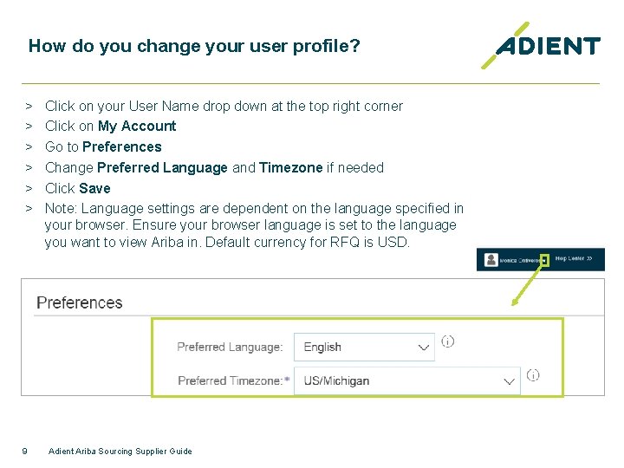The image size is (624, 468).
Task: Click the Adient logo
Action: coord(542,46)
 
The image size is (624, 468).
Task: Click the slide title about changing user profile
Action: coord(193,46)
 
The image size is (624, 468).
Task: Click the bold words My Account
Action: coord(137,126)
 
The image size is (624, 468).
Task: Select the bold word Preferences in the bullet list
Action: coord(121,146)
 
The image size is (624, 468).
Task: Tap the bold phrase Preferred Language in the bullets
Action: coord(162,167)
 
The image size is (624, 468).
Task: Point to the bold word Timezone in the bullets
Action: coord(290,167)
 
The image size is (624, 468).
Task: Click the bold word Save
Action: coord(94,188)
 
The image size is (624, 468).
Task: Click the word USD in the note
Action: coord(393,242)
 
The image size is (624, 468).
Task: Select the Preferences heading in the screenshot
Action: coord(80,302)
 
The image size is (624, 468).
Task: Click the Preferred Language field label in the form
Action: coord(230,347)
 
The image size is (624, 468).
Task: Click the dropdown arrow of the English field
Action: coord(424,348)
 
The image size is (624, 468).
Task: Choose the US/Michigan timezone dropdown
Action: coord(399,380)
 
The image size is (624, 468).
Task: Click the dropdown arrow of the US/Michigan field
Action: coord(509,381)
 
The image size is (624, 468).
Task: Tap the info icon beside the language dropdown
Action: coord(447,341)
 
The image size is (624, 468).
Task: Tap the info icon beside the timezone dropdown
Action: coord(533,375)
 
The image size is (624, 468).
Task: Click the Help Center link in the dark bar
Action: coord(573,259)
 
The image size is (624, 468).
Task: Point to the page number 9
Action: coord(24,451)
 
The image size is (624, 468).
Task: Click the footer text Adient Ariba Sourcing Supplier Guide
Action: coord(120,451)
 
